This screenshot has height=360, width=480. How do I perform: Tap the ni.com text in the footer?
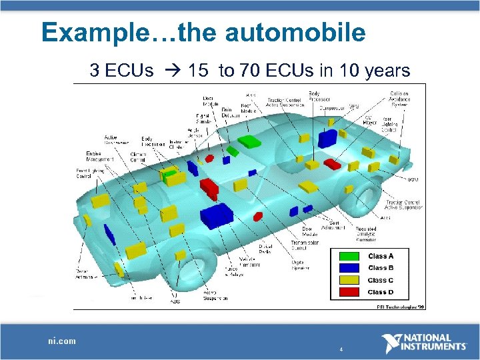62,341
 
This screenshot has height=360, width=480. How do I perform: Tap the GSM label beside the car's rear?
414,179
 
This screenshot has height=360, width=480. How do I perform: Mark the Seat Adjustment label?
333,225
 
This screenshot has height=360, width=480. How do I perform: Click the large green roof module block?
249,141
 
